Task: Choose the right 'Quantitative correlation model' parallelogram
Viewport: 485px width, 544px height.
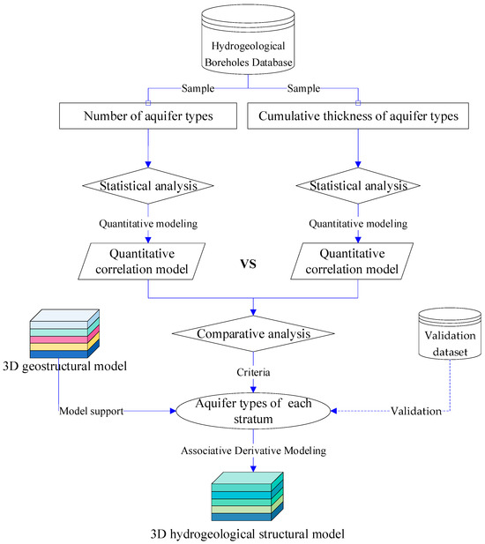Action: (x=357, y=261)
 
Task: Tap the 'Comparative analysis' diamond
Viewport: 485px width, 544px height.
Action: (x=254, y=335)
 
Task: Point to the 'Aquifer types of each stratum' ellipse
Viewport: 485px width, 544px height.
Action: (x=254, y=410)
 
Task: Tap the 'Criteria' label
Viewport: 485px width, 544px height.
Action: (x=254, y=373)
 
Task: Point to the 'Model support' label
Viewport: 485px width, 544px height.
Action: (x=92, y=412)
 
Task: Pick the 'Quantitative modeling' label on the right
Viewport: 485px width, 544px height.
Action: (x=357, y=224)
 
